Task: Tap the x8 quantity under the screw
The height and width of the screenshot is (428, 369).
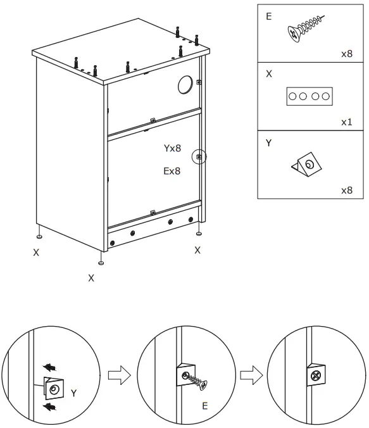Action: coord(346,54)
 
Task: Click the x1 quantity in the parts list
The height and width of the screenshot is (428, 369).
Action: coord(346,122)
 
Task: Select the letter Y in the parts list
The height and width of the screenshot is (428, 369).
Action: coord(268,144)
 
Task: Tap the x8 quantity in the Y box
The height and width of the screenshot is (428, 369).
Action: coord(346,190)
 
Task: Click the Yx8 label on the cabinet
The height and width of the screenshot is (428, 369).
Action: coord(172,149)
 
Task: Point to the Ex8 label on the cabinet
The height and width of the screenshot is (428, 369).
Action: coord(172,170)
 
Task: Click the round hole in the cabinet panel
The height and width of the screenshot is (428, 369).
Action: coord(185,84)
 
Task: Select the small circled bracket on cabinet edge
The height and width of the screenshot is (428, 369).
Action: coord(199,156)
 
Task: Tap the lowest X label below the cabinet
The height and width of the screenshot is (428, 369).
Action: coord(91,277)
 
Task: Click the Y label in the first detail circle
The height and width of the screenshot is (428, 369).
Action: coord(73,393)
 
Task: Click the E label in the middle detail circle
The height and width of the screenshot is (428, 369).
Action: coord(204,406)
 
